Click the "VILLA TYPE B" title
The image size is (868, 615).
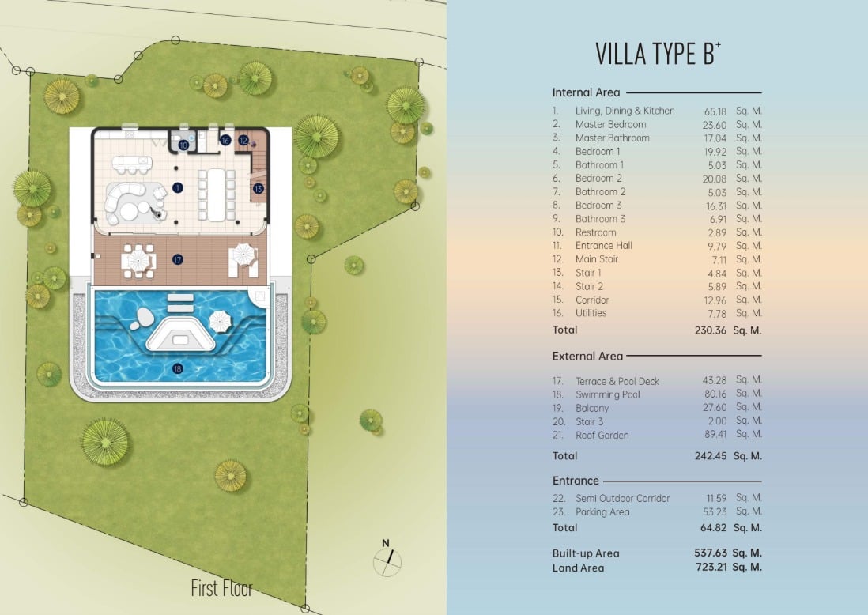click(658, 54)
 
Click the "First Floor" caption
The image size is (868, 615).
click(221, 588)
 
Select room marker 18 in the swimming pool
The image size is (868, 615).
click(178, 368)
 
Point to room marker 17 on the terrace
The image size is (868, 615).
click(178, 259)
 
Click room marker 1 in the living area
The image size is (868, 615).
click(178, 187)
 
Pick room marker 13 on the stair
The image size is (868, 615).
click(258, 189)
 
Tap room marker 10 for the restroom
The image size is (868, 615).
click(183, 145)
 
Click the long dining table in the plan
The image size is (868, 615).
click(217, 195)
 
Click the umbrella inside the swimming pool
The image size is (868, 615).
click(221, 320)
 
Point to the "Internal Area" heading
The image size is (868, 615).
click(586, 92)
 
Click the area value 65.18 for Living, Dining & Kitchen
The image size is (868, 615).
click(715, 111)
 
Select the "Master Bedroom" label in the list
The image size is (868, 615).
click(610, 125)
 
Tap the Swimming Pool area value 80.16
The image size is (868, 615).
click(715, 394)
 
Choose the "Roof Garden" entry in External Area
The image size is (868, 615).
click(602, 435)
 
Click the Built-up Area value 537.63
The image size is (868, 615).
click(710, 553)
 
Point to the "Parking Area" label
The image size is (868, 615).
click(602, 512)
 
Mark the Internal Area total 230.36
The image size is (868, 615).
click(710, 330)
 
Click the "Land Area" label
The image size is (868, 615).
click(578, 568)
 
